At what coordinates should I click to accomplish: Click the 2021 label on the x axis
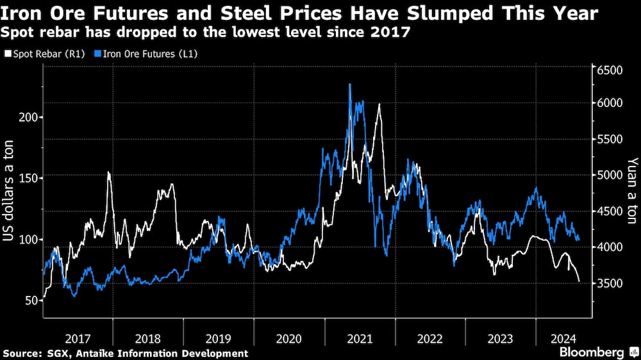(360, 338)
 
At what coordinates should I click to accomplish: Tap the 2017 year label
(78, 338)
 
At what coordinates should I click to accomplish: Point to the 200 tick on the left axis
(29, 118)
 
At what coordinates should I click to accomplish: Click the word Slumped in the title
(470, 12)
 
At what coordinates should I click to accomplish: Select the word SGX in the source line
(53, 353)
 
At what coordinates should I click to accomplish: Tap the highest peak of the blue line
(350, 84)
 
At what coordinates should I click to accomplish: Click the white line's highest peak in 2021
(379, 104)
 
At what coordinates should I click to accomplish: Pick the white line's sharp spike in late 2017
(108, 172)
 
